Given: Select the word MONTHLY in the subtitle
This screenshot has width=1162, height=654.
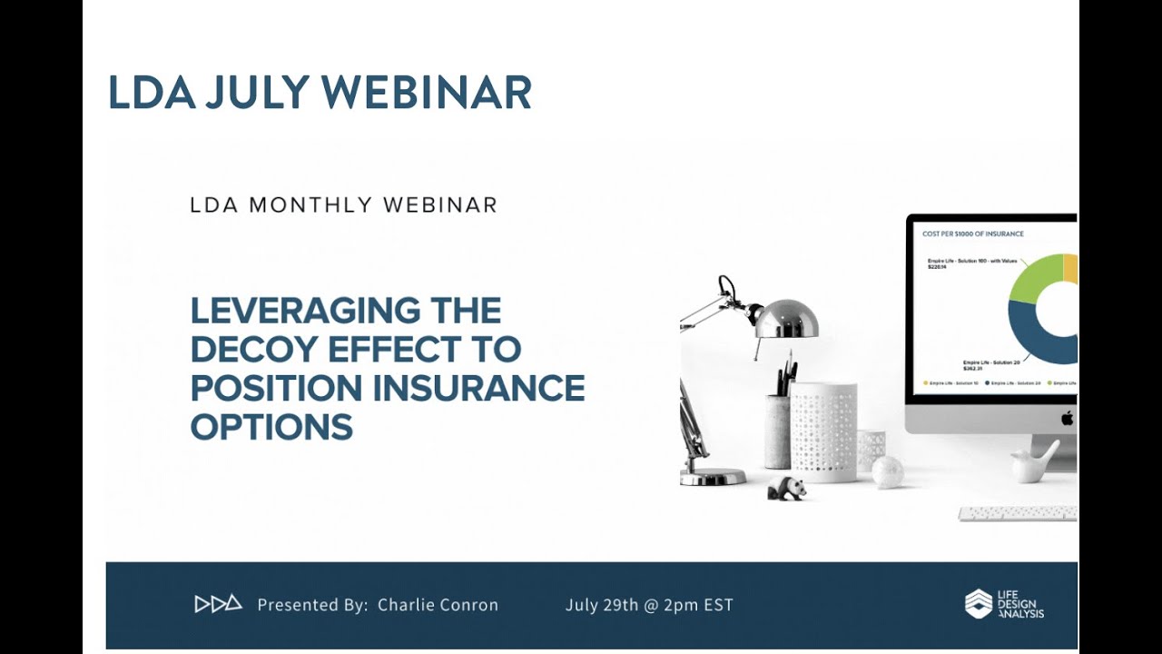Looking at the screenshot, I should (x=313, y=205).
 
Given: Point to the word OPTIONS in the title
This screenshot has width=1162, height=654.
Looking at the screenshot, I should (x=271, y=427).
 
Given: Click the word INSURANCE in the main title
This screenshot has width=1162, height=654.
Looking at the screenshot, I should (x=478, y=388).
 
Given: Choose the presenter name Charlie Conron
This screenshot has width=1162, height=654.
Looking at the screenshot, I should (x=438, y=605).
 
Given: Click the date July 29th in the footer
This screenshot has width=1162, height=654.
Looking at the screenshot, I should (x=600, y=605).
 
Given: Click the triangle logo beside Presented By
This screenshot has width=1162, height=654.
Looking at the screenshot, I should (x=218, y=604).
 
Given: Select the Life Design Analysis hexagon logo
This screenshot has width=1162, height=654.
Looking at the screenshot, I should (x=978, y=604).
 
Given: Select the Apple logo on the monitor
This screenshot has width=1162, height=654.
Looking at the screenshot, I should (x=1068, y=418).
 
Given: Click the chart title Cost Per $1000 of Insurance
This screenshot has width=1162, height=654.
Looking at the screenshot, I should (x=972, y=234).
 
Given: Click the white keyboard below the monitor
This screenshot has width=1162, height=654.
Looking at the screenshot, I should (x=1017, y=513).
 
